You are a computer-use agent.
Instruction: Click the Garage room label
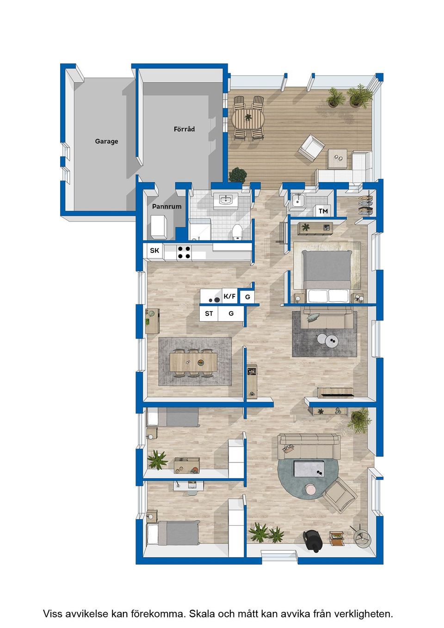tap(106, 142)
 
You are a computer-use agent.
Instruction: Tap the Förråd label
tap(184, 129)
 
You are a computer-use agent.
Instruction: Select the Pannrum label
tap(167, 207)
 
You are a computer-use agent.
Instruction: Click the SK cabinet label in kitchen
tap(154, 250)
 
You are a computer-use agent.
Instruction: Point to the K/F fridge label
tap(229, 296)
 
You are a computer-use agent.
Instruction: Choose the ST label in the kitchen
tap(209, 314)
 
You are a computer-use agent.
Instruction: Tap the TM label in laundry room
tap(323, 211)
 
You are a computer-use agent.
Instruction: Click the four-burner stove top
tap(184, 252)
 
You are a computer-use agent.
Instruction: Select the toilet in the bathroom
tap(237, 232)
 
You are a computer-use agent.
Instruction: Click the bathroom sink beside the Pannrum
tap(226, 200)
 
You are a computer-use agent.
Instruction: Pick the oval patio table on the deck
tap(248, 118)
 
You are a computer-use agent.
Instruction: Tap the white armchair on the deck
tap(311, 148)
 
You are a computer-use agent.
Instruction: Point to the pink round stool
tap(311, 488)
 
